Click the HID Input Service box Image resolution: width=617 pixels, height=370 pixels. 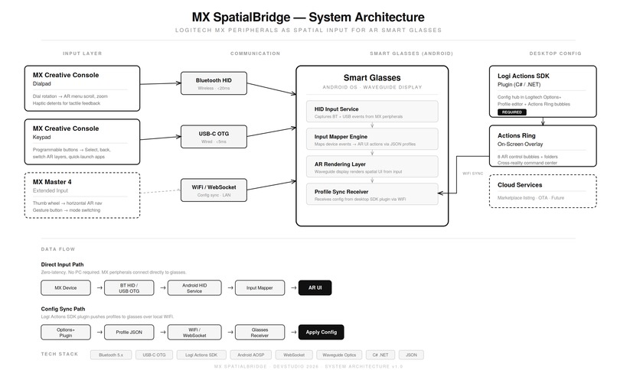pyautogui.click(x=372, y=112)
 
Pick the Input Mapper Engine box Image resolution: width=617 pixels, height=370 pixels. pyautogui.click(x=372, y=139)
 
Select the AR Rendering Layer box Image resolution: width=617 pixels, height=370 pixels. pyautogui.click(x=372, y=167)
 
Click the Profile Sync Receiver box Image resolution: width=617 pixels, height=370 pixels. pyautogui.click(x=372, y=195)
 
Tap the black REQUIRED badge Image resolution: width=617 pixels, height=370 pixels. pyautogui.click(x=511, y=112)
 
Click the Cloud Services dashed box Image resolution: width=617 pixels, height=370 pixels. pyautogui.click(x=543, y=190)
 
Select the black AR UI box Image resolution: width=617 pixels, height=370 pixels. pyautogui.click(x=315, y=287)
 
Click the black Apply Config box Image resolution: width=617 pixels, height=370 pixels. pyautogui.click(x=322, y=332)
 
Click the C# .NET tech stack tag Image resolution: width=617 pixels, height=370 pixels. pyautogui.click(x=380, y=355)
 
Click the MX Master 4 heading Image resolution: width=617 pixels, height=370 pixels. pyautogui.click(x=54, y=181)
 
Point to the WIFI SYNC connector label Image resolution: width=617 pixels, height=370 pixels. pyautogui.click(x=472, y=174)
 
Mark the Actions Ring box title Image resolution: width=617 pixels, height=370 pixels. pyautogui.click(x=515, y=135)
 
